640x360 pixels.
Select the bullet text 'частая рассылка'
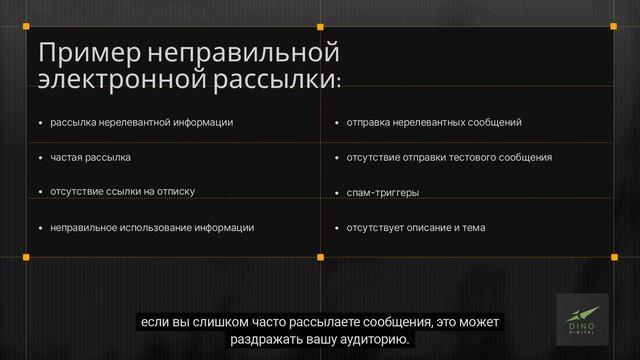[x=91, y=158]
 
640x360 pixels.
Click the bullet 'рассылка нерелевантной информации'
[x=141, y=123]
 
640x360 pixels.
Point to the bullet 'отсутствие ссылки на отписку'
[x=122, y=192]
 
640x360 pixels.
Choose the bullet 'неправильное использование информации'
[x=152, y=228]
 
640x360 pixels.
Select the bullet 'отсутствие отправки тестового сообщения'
[x=449, y=158]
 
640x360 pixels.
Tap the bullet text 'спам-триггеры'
[x=383, y=192]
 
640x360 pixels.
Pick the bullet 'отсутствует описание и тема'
[x=416, y=228]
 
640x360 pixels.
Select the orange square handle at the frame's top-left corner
[x=26, y=26]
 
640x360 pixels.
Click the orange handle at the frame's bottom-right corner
[x=612, y=257]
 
